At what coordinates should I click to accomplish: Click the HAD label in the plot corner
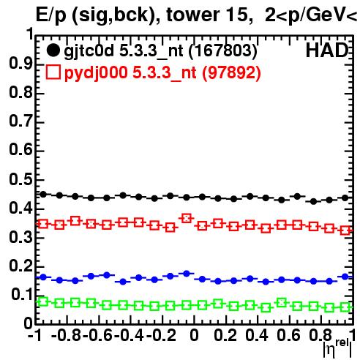point(327,50)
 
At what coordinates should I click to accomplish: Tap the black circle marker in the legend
point(53,50)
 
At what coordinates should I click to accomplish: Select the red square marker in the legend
point(53,72)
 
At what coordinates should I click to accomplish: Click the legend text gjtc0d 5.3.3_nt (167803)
point(160,51)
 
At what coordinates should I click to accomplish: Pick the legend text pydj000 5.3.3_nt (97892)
point(162,73)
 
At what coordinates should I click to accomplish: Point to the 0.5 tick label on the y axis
point(20,180)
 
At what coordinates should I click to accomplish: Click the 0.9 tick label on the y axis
point(20,64)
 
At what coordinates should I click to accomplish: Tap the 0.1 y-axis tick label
point(22,295)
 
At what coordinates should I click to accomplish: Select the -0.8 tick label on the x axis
point(67,335)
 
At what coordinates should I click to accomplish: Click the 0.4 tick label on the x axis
point(257,335)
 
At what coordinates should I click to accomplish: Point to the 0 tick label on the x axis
point(194,335)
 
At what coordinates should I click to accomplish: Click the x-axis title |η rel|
point(337,348)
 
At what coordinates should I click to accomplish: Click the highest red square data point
point(187,218)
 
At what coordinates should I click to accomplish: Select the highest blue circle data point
point(187,274)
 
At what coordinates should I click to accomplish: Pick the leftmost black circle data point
point(43,195)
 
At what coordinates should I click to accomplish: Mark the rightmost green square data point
point(345,307)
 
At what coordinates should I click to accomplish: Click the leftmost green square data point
point(43,301)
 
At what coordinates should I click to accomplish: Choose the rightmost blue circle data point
point(345,277)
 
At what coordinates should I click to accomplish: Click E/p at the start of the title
point(51,15)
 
